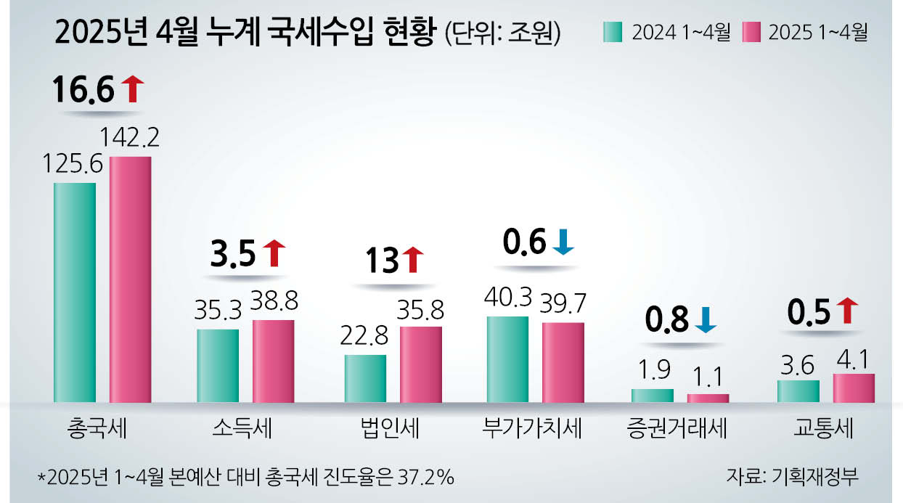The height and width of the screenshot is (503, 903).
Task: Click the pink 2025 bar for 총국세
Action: pos(131,279)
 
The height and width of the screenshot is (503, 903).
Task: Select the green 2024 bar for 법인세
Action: pos(365,378)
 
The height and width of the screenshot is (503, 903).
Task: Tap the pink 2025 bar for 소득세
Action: pos(274,361)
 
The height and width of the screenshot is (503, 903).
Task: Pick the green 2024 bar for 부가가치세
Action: pos(507,359)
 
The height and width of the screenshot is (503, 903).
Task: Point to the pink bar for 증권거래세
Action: pos(708,398)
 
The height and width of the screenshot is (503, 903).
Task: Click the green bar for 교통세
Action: pos(798,391)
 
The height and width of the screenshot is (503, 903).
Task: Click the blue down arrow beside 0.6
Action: pos(563,243)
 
